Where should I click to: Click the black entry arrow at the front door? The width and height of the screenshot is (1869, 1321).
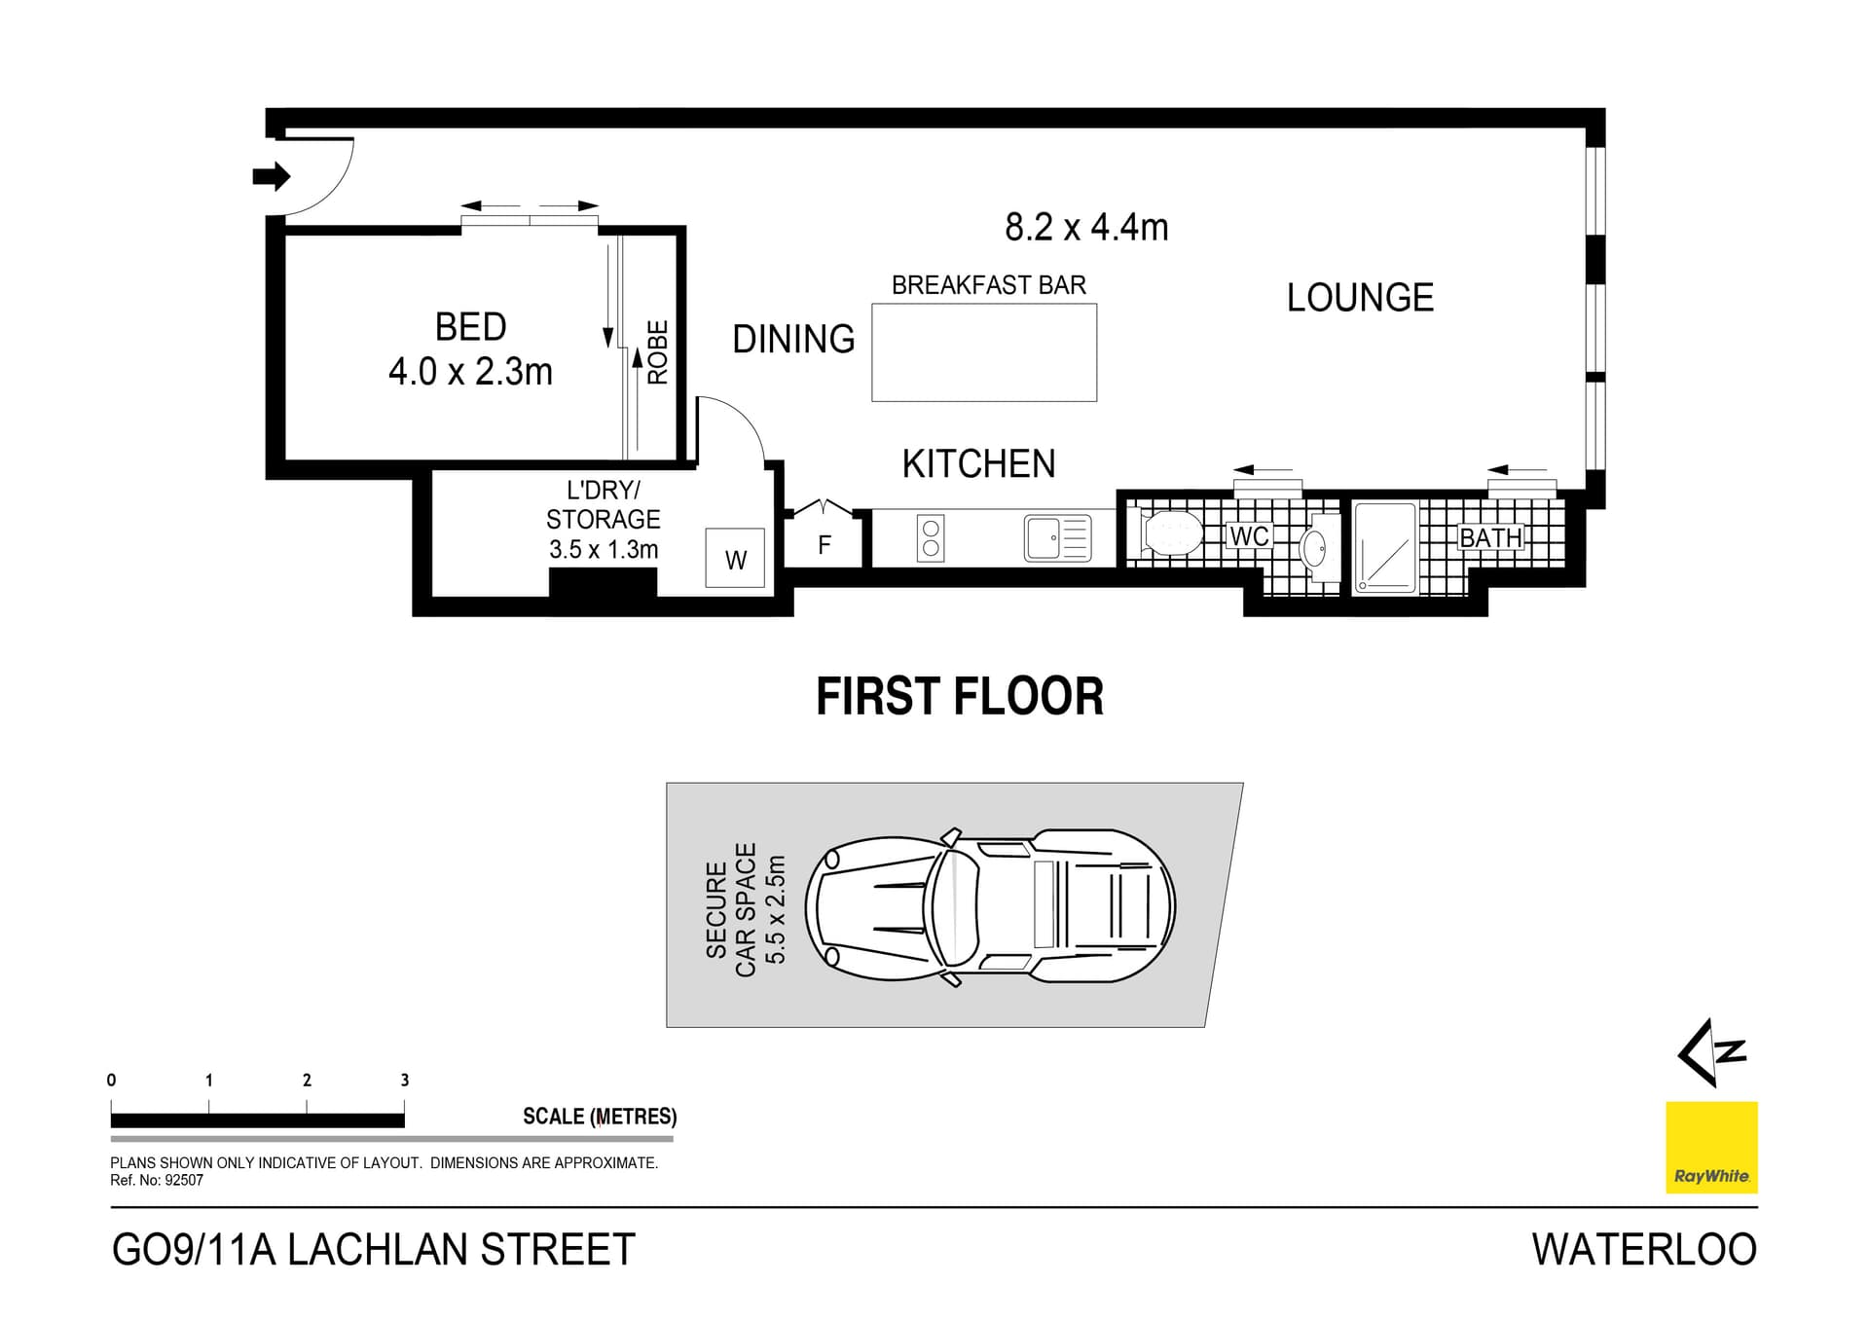[272, 176]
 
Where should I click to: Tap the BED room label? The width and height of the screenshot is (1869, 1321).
[470, 327]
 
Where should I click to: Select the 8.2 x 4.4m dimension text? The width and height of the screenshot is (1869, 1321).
[1086, 228]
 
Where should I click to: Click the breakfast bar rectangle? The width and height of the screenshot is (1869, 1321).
[984, 352]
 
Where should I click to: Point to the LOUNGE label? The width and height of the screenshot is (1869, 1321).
[1360, 298]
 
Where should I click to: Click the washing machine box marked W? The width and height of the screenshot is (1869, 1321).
[735, 559]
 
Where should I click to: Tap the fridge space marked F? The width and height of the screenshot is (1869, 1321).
[825, 544]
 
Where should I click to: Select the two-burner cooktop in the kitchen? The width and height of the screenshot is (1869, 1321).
[931, 538]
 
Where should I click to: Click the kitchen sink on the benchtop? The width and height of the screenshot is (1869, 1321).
[1057, 538]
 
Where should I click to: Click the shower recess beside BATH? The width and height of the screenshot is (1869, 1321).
[1385, 547]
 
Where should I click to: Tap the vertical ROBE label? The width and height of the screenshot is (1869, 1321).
[658, 352]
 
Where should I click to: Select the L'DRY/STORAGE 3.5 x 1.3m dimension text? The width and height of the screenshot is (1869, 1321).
[604, 550]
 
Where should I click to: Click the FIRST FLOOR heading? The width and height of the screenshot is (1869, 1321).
[959, 697]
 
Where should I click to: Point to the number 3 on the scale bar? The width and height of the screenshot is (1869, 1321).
[405, 1080]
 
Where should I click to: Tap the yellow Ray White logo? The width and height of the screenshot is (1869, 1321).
[1711, 1147]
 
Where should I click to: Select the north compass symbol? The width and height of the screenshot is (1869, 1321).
[1711, 1052]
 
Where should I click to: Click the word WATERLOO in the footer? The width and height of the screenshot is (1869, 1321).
[1644, 1250]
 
